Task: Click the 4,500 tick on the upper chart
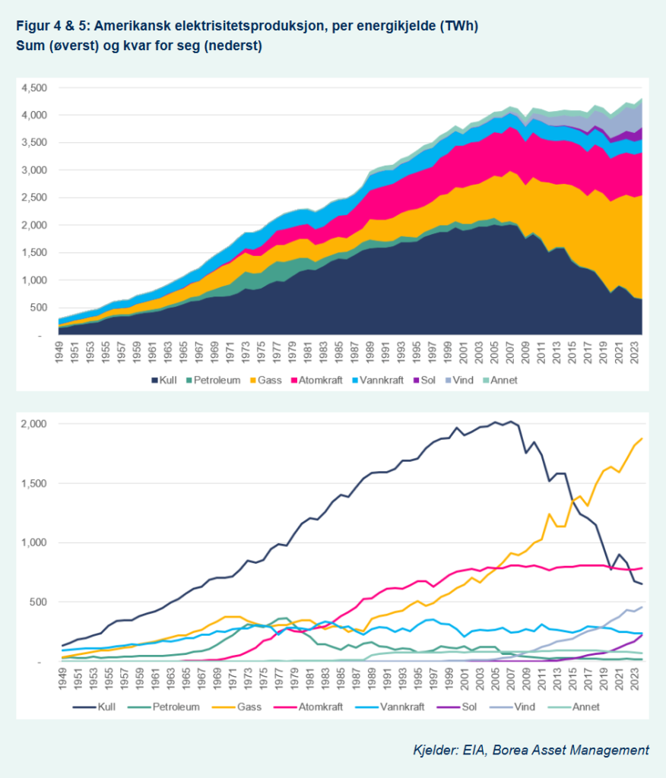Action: [33, 88]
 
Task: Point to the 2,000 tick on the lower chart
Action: [33, 424]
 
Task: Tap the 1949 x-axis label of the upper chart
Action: [59, 352]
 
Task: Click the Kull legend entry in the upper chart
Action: [164, 381]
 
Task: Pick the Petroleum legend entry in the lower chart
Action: [164, 707]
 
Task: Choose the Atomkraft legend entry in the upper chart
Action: [316, 381]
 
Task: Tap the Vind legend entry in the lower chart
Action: [512, 707]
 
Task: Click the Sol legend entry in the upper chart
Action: [424, 381]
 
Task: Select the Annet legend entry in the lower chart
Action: [573, 707]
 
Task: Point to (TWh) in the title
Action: [458, 26]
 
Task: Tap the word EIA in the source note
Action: [474, 750]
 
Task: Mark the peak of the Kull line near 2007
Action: [511, 422]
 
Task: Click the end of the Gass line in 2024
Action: [642, 438]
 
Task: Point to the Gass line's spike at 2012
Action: [549, 514]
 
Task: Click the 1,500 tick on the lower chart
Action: [33, 483]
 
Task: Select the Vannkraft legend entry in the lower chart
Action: [390, 707]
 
